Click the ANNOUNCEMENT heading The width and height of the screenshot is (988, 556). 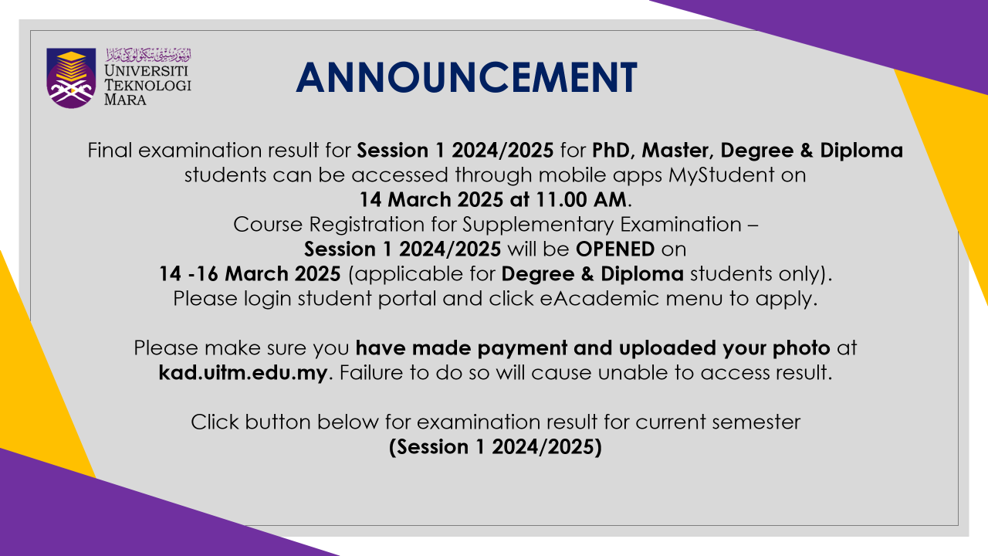click(466, 77)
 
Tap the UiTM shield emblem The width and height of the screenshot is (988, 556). click(71, 78)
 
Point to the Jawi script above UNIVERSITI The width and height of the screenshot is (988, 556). click(149, 55)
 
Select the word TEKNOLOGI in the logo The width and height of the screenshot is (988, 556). click(147, 85)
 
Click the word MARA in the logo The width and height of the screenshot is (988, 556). click(125, 100)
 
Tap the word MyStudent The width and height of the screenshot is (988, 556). click(721, 175)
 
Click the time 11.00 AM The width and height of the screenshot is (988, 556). click(581, 199)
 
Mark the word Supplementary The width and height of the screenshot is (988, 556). click(538, 225)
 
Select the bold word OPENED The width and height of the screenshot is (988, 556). click(615, 249)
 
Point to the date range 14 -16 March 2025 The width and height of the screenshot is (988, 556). click(249, 274)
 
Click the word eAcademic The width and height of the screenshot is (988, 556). click(600, 299)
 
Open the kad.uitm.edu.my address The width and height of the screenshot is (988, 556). click(243, 373)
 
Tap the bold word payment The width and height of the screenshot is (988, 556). click(523, 348)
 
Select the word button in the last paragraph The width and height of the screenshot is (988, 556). click(278, 422)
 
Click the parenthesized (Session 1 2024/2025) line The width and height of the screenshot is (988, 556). click(496, 447)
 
